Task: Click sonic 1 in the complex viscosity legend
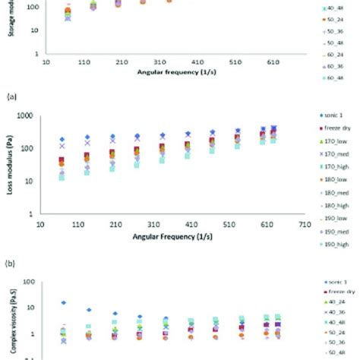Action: (334, 280)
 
